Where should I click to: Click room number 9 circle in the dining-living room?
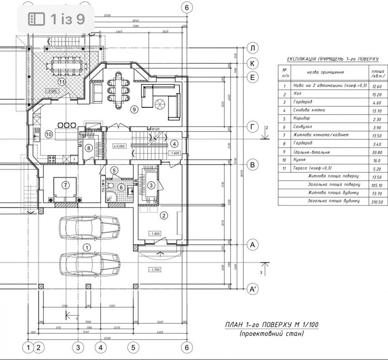[x=135, y=110]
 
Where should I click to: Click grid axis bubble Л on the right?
[x=253, y=49]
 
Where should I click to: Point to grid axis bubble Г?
[x=253, y=127]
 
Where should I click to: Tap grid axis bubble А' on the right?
[x=253, y=289]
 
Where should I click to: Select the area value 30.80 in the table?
[x=377, y=153]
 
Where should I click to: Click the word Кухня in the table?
[x=300, y=160]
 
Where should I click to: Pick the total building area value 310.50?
[x=377, y=202]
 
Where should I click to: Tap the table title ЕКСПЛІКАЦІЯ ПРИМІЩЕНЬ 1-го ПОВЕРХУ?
[x=333, y=59]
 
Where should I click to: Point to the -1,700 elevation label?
[x=154, y=270]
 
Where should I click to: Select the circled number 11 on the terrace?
[x=61, y=81]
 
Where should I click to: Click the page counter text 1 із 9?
[x=68, y=18]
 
